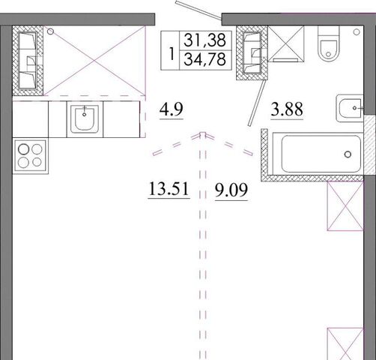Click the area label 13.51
coord(169,189)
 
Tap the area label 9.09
coord(231,190)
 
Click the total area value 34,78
coord(204,59)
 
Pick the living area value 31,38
coord(204,40)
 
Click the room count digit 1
coord(172,54)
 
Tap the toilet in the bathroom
coord(329,43)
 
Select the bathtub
coord(318,154)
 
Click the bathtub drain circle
coord(348,154)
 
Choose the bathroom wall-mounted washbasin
coord(350,108)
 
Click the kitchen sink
coord(85,119)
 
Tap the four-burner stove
coord(30,156)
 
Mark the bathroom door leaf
coord(257,103)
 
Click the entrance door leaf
coord(198,10)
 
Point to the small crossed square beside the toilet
coord(286,43)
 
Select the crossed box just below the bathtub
coord(345,205)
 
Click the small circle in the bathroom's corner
coord(357,32)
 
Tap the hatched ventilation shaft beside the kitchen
coord(28,60)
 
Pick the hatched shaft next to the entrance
coord(252,52)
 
